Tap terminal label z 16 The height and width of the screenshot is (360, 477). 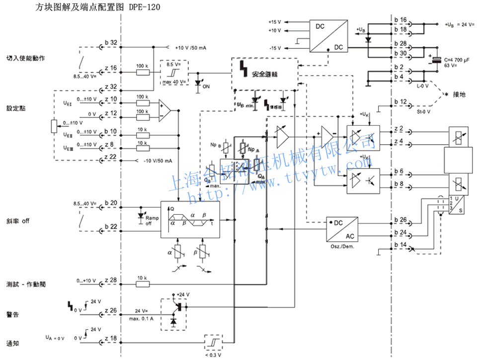click(110, 68)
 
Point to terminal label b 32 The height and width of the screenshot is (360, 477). click(110, 43)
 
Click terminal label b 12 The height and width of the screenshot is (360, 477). click(400, 102)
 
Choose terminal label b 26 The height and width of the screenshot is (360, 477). click(400, 219)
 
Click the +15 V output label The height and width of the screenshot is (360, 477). click(275, 22)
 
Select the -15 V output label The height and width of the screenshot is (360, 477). click(275, 48)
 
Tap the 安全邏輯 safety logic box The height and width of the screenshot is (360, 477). click(264, 74)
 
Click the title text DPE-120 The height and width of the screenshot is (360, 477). click(145, 8)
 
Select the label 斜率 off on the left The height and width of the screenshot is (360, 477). click(18, 220)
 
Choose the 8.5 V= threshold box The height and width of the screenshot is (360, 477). click(174, 72)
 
